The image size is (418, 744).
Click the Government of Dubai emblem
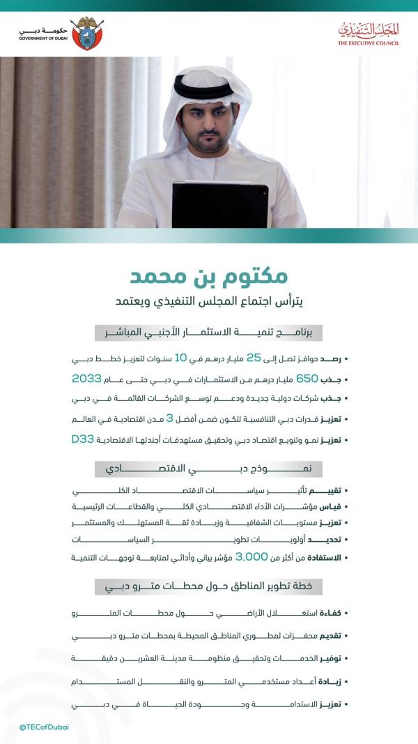(86, 33)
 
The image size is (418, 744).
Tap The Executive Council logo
(369, 33)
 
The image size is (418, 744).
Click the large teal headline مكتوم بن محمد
(208, 276)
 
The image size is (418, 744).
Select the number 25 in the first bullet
(254, 358)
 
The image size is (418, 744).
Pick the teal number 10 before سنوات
(180, 358)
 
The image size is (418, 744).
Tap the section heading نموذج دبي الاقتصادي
(208, 468)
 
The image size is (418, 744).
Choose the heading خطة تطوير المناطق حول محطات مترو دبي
(208, 586)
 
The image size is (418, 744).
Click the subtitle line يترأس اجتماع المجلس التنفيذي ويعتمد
(208, 302)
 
